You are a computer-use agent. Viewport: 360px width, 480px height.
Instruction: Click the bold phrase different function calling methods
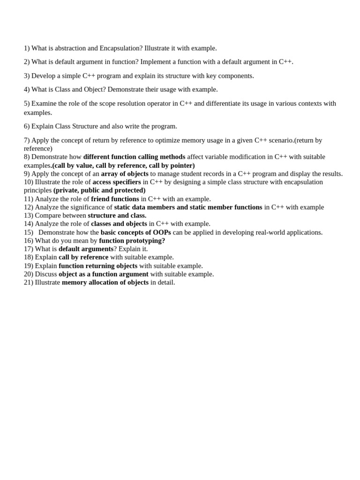tap(134, 157)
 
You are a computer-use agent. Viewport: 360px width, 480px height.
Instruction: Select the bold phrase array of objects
tap(125, 173)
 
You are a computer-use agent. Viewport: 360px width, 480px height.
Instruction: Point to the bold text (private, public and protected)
tap(99, 190)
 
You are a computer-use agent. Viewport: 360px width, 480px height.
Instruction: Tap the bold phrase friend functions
tap(115, 199)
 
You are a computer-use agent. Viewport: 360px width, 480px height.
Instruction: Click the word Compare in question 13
tap(48, 216)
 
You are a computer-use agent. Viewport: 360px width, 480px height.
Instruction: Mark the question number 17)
tap(29, 249)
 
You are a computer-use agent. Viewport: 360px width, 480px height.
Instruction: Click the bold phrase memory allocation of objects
tap(105, 283)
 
